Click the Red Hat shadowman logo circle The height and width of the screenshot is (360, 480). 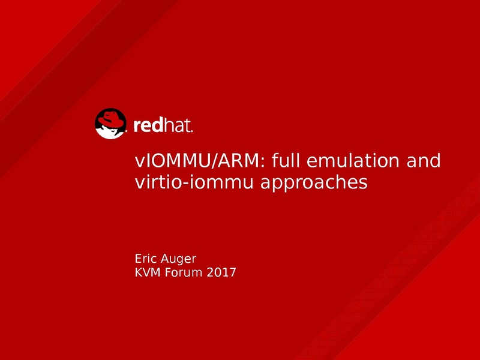[110, 124]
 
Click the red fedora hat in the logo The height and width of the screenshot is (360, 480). [111, 119]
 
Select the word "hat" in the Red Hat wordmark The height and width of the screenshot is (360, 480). [176, 125]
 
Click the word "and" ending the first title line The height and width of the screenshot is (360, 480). [424, 160]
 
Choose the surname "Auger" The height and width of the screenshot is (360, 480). [178, 260]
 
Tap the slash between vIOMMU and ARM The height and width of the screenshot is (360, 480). [214, 161]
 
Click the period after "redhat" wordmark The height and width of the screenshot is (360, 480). [192, 131]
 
